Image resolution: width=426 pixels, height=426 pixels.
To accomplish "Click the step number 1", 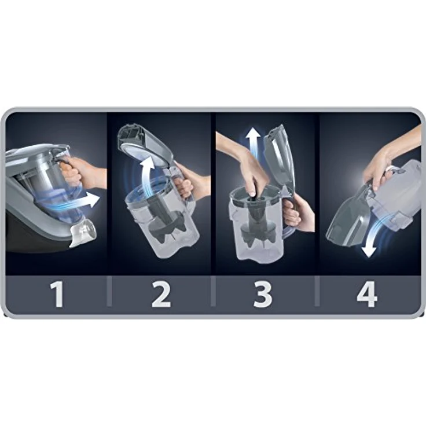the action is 57,295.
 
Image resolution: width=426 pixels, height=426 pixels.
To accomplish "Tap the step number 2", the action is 161,295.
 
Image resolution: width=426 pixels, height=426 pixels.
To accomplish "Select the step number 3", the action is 263,295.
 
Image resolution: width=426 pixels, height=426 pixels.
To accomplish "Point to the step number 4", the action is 367,295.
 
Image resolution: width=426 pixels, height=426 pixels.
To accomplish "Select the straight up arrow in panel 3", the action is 252,148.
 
